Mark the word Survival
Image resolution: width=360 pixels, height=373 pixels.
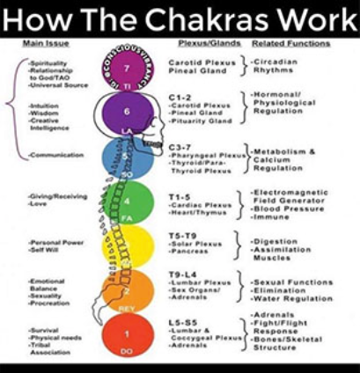(44, 327)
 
